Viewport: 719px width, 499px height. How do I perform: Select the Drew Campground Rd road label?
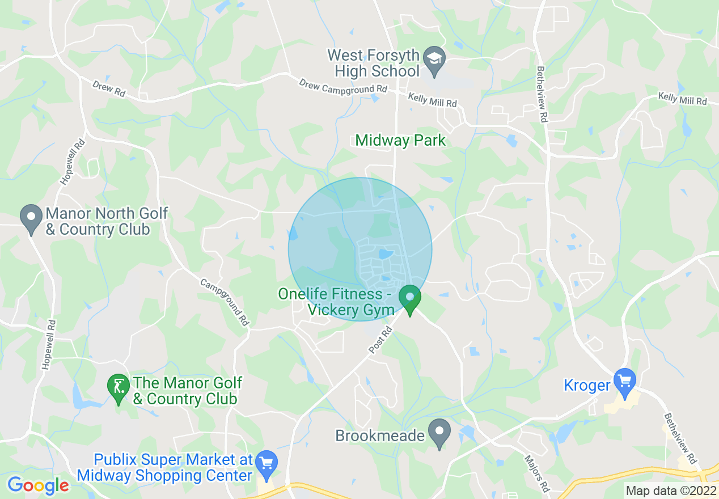pyautogui.click(x=343, y=88)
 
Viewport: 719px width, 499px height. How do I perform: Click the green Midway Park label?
pyautogui.click(x=400, y=141)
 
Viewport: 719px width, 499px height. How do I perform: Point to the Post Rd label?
pyautogui.click(x=380, y=340)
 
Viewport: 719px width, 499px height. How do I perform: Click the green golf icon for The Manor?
pyautogui.click(x=118, y=388)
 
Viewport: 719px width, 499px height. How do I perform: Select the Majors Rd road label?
pyautogui.click(x=536, y=473)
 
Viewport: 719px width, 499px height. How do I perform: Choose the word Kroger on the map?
pyautogui.click(x=587, y=386)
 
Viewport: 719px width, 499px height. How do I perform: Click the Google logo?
pyautogui.click(x=38, y=485)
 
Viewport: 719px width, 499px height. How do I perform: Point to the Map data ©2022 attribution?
pyautogui.click(x=670, y=490)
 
